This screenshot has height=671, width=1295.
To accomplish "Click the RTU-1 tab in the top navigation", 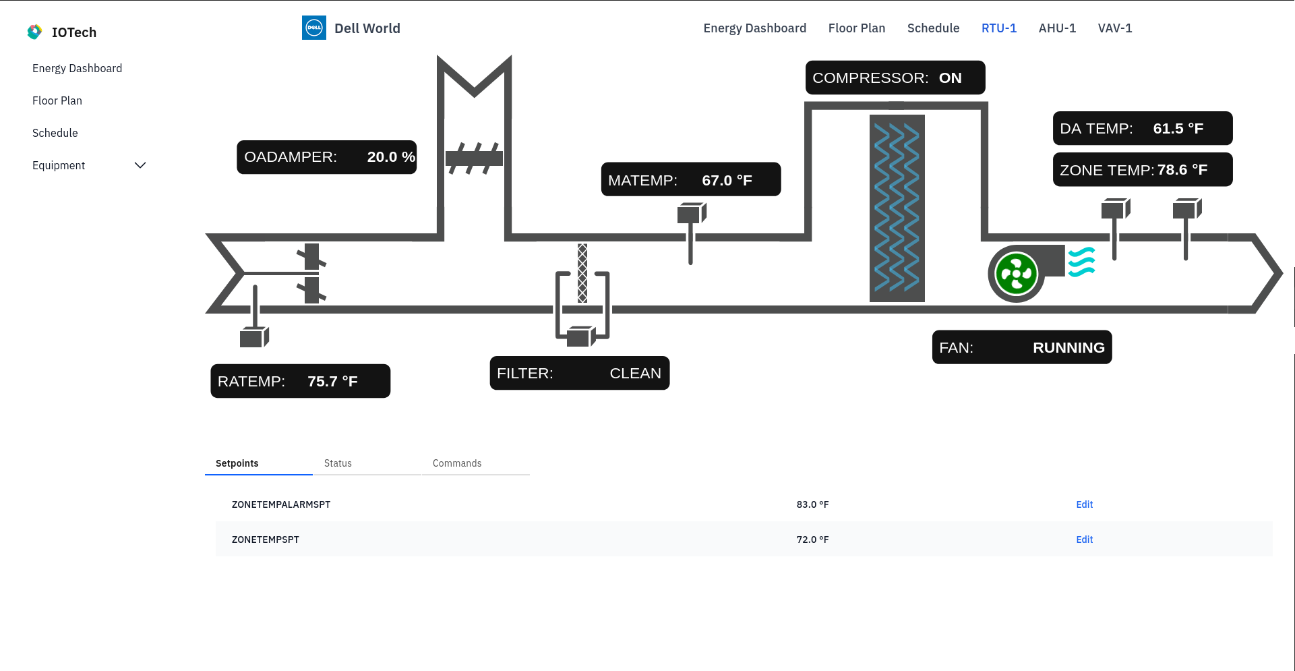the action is (998, 28).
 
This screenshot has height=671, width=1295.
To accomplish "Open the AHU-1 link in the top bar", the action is (1057, 28).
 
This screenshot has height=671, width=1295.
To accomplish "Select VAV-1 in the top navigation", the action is (1114, 28).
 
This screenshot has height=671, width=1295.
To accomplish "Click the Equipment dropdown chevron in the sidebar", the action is (140, 165).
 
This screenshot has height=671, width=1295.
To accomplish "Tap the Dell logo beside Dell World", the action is (314, 28).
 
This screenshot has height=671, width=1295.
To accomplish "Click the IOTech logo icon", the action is (34, 32).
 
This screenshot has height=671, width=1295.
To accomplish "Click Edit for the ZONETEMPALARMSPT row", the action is (1084, 504).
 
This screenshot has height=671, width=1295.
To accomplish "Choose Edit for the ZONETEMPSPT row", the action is (1084, 539).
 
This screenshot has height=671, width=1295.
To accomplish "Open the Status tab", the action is (338, 463).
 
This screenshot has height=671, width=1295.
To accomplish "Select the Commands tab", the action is (457, 463).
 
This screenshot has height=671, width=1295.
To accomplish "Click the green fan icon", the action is (1017, 274).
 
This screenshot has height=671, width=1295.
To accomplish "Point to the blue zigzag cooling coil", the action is (897, 208).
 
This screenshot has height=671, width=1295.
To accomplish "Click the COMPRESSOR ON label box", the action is (895, 78).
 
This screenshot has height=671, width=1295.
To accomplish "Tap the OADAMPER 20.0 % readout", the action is (327, 157).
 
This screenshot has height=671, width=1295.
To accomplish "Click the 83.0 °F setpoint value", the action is (812, 504).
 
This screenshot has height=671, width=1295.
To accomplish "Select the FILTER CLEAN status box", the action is (580, 373).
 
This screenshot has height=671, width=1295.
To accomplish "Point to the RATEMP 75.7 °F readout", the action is (301, 381).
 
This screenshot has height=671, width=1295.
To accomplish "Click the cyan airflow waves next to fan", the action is (1081, 262).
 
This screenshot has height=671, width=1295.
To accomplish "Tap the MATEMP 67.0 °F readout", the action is (691, 179).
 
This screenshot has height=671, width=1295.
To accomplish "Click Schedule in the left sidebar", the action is (55, 133).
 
